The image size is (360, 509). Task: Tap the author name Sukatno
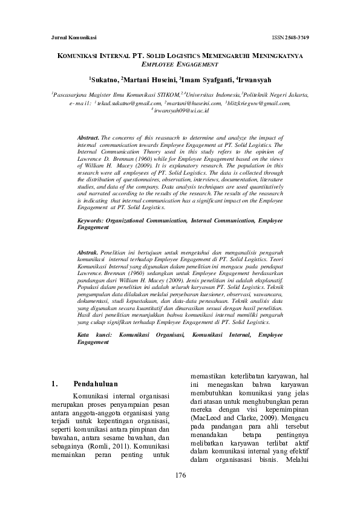[x=104, y=79]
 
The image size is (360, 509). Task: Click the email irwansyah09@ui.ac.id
[x=181, y=111]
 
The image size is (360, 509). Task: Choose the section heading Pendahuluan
[x=95, y=384]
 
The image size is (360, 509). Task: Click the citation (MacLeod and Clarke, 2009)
[x=226, y=417]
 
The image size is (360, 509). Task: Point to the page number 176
[x=180, y=475]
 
